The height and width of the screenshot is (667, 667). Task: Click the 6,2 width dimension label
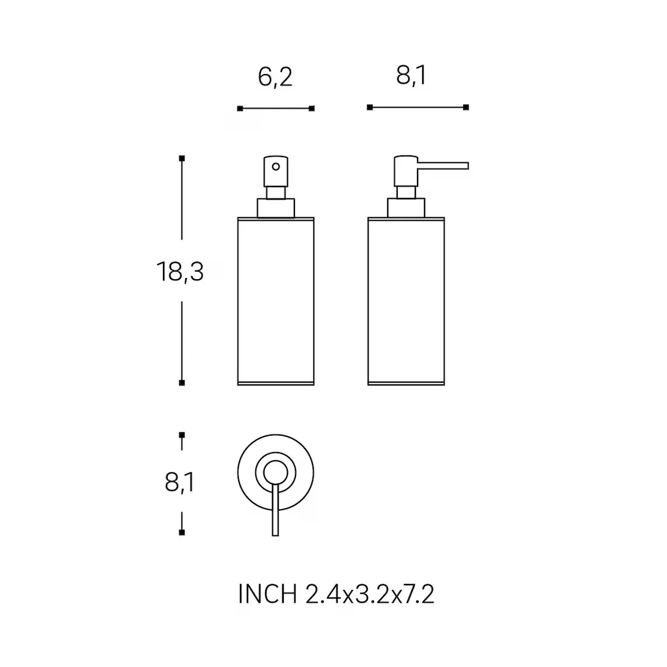click(x=275, y=77)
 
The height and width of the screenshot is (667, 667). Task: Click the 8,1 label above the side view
click(x=411, y=76)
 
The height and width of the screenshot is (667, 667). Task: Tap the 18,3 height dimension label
click(x=180, y=272)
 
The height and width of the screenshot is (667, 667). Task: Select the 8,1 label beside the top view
click(x=179, y=482)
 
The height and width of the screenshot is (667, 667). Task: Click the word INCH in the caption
click(x=267, y=594)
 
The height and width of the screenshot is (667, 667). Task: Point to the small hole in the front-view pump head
click(x=276, y=167)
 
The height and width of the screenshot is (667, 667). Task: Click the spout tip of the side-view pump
click(x=467, y=165)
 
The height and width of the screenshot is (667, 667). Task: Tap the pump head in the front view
click(x=276, y=172)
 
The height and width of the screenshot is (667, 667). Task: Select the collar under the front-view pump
click(x=276, y=208)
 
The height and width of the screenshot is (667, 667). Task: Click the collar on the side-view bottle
click(x=406, y=208)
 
